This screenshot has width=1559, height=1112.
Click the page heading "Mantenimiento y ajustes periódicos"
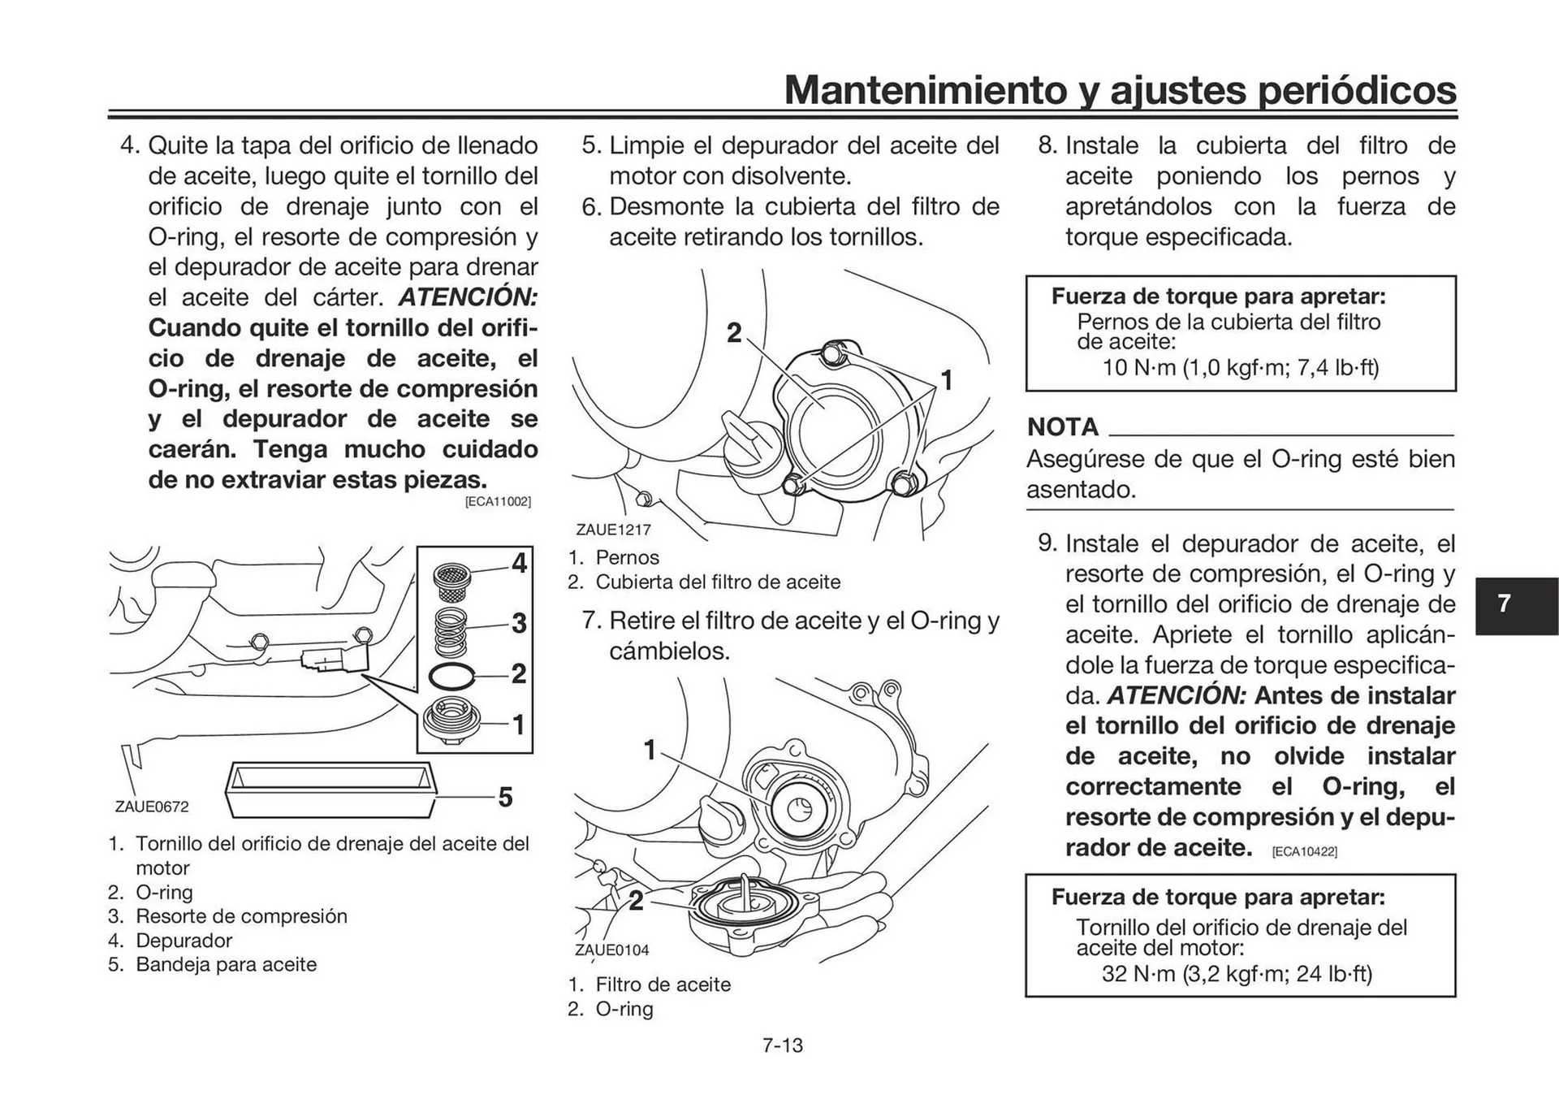(1120, 90)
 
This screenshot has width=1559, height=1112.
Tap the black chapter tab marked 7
(1515, 605)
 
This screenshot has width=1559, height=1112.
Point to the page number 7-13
(782, 1045)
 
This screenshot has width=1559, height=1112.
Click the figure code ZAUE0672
(152, 807)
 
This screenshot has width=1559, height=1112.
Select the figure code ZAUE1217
(613, 530)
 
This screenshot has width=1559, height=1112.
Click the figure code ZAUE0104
(611, 950)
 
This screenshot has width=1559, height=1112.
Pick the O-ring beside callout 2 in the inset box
(451, 675)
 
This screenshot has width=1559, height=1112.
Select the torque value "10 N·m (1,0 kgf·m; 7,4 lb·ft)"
(1240, 368)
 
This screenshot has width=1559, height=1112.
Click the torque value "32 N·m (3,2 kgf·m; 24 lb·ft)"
(1237, 973)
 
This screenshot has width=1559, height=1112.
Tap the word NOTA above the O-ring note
(1062, 427)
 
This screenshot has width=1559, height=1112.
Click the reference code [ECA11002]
(498, 502)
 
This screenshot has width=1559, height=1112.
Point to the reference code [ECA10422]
(1304, 851)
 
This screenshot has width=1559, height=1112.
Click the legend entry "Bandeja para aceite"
(226, 964)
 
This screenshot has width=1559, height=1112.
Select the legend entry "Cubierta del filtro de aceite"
(718, 582)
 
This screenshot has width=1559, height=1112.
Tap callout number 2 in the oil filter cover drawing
(734, 333)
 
